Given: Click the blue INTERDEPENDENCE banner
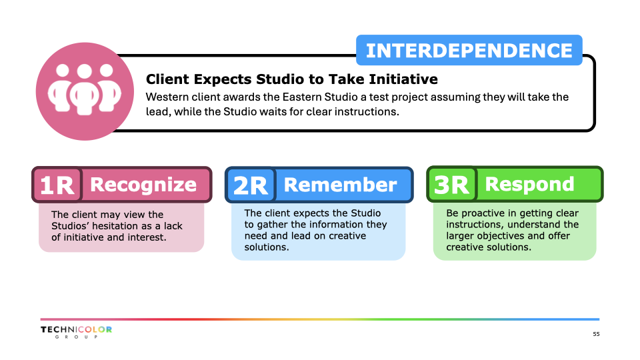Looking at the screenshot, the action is pos(469,50).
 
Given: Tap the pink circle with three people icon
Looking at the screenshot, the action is pos(85,91).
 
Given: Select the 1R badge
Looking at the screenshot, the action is pos(57,185).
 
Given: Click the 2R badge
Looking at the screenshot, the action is pos(251,185).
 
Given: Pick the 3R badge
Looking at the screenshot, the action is pos(452,185).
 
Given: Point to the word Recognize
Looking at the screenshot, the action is pos(143,185).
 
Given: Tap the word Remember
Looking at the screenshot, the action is pos(340,185).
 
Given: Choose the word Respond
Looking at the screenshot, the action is pos(529,184).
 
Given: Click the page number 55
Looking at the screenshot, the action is pos(596,334).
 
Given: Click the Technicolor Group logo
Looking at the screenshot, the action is pos(76,332).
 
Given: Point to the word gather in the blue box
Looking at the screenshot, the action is pos(272,225).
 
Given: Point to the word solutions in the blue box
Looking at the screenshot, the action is pos(267,247).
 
